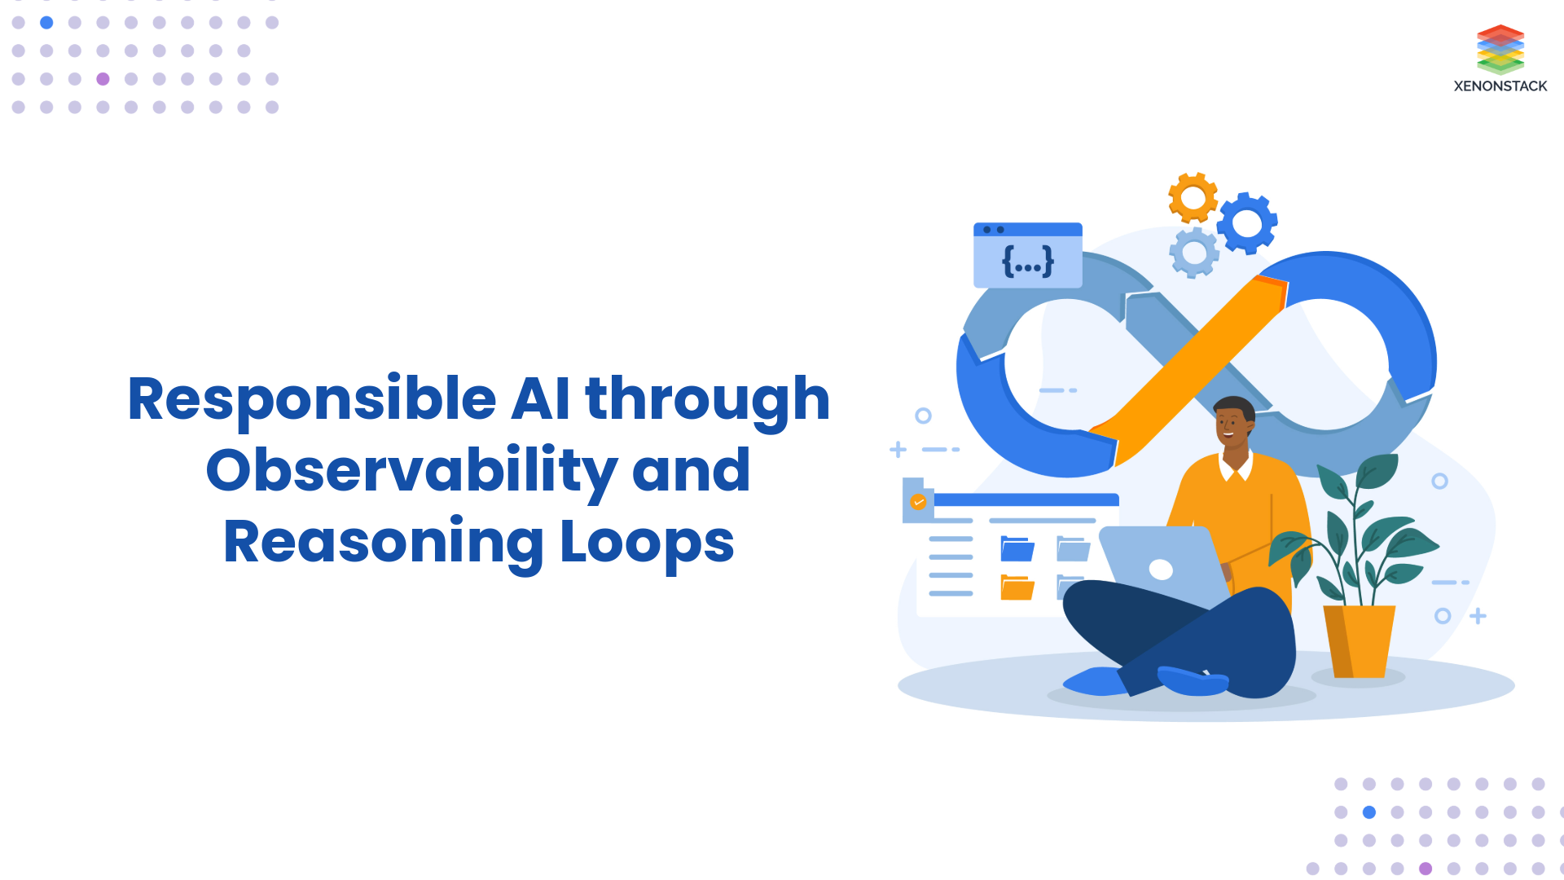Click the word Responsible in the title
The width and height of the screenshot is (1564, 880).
click(312, 399)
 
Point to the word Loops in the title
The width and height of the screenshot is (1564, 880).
click(647, 543)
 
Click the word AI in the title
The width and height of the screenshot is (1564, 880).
click(540, 399)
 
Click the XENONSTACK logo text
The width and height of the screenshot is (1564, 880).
click(1500, 86)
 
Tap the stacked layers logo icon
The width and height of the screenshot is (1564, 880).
click(1500, 49)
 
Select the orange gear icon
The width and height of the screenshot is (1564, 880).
click(1193, 197)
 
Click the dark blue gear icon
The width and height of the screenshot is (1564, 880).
click(1246, 222)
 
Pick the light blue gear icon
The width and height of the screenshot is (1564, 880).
click(1194, 253)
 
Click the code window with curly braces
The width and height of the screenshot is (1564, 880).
click(1027, 255)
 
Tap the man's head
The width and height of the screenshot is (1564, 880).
click(1233, 422)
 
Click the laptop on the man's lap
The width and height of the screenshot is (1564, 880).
click(1161, 566)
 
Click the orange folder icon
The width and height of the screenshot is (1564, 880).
click(1017, 587)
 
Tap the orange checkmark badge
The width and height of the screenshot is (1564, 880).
click(918, 502)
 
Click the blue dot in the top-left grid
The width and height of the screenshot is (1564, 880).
click(46, 23)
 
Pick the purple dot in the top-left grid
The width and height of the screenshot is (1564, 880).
click(103, 79)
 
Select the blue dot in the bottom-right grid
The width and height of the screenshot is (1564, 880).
click(1369, 812)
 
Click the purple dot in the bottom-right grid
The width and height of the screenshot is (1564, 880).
click(1426, 869)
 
